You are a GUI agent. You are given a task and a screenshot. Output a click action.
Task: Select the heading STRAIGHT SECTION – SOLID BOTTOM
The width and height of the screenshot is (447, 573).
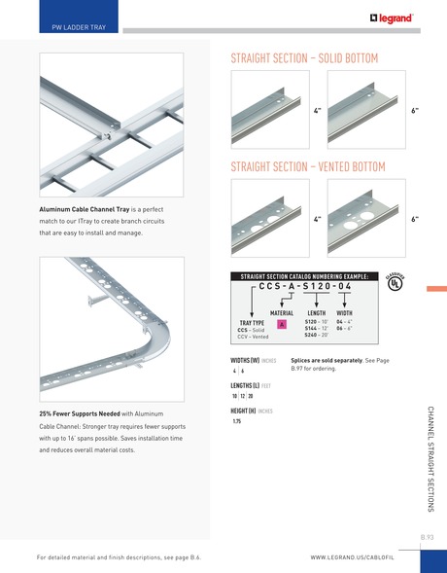tap(303, 58)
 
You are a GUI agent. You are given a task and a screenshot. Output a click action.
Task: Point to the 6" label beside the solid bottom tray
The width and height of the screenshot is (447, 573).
tap(414, 112)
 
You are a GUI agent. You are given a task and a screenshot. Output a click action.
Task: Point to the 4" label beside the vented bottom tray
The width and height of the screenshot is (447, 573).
tap(317, 220)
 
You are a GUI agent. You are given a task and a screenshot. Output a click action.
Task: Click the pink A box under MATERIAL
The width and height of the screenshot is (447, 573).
tap(282, 323)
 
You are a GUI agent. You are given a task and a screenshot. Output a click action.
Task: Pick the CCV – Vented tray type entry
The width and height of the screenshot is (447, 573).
tap(254, 337)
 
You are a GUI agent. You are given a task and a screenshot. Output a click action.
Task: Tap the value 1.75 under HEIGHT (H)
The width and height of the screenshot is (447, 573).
tap(236, 421)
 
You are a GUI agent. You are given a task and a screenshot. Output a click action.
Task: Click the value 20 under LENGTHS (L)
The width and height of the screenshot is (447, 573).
tap(251, 396)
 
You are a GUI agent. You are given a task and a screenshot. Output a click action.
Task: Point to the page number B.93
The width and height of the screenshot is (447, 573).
tap(427, 536)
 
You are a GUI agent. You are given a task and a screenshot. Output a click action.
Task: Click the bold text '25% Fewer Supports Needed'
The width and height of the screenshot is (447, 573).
tap(80, 413)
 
